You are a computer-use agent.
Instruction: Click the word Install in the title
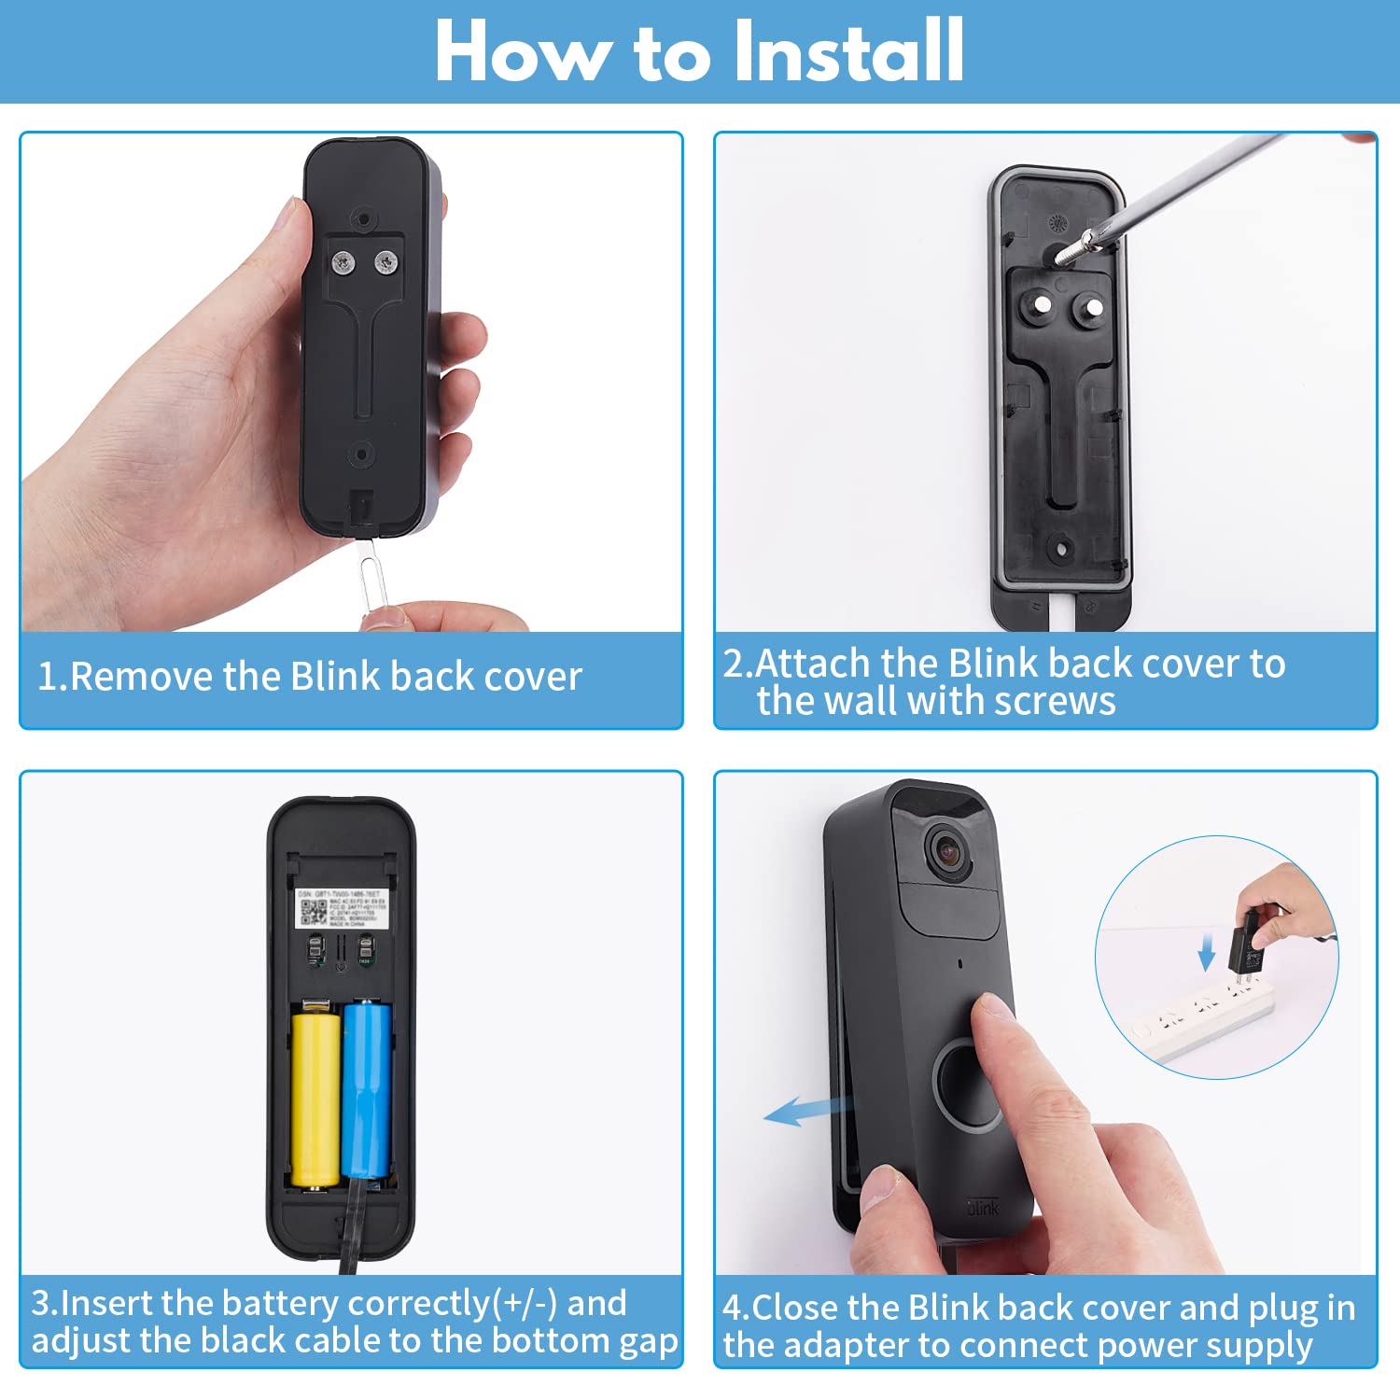click(x=847, y=52)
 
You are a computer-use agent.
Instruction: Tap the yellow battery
click(x=315, y=1097)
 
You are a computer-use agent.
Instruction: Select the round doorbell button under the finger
click(x=971, y=1083)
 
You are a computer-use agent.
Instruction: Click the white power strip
click(x=1204, y=1022)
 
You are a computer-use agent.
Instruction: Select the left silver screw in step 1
click(x=343, y=264)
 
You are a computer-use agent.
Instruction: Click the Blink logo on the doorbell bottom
click(x=983, y=1208)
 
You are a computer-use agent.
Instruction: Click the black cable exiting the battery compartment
click(x=352, y=1232)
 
